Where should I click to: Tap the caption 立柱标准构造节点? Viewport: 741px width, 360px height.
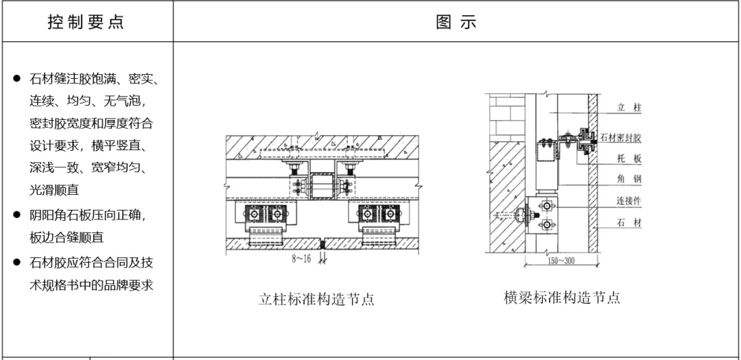click(x=316, y=300)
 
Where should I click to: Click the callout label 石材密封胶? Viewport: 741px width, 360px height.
click(x=621, y=138)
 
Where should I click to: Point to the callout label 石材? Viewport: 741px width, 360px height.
click(x=628, y=224)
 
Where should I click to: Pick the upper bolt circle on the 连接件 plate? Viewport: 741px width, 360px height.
click(x=546, y=205)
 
